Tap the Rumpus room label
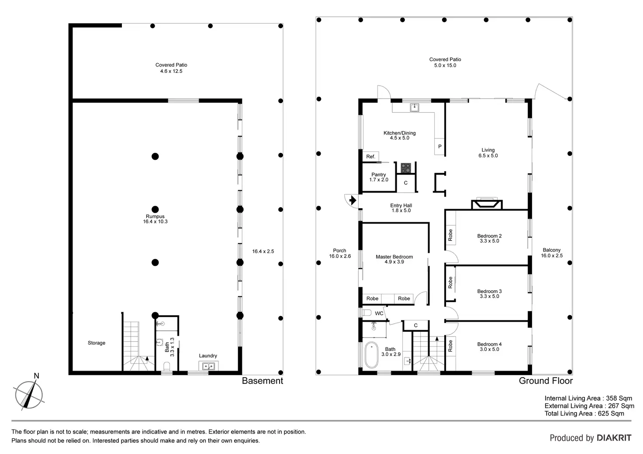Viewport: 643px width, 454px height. [x=155, y=219]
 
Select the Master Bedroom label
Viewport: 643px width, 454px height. [x=394, y=259]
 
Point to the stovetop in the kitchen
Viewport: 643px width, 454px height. [x=406, y=168]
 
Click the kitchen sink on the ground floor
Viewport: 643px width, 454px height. [x=414, y=107]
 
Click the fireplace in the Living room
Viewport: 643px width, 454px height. [x=487, y=204]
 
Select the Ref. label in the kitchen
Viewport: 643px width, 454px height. [x=370, y=157]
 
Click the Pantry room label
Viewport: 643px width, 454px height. [x=378, y=177]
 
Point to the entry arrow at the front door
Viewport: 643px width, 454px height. [x=353, y=200]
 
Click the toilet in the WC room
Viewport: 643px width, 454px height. [x=366, y=313]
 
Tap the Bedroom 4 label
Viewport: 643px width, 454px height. [x=489, y=347]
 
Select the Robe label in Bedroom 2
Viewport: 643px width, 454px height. [x=450, y=235]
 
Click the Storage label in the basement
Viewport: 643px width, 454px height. [x=97, y=343]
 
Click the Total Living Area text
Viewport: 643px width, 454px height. [x=584, y=413]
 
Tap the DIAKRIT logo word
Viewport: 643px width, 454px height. [x=614, y=438]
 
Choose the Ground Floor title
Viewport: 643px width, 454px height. [x=546, y=381]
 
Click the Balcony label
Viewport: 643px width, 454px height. [x=552, y=253]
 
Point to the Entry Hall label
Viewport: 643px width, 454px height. [x=401, y=208]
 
